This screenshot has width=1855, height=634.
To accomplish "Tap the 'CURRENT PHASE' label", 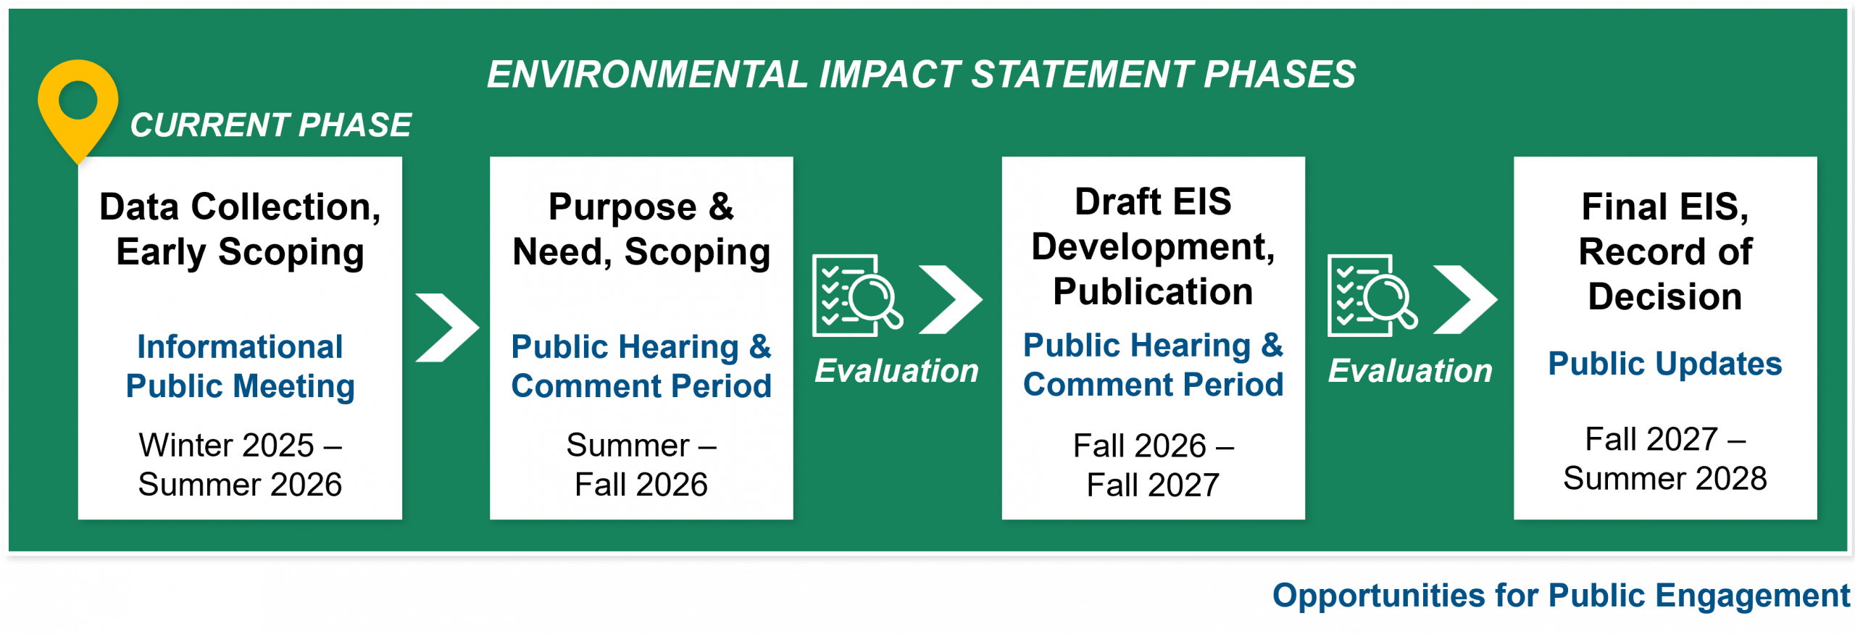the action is click(x=270, y=125).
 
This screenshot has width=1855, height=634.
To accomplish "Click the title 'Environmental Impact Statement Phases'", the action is click(x=921, y=74).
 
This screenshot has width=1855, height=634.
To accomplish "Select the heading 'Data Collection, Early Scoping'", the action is click(x=240, y=229).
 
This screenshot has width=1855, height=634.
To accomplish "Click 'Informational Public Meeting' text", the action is click(x=240, y=366).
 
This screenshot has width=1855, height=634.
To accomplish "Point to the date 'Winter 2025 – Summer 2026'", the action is click(x=240, y=464).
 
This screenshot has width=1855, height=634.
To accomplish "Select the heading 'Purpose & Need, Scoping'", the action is click(x=641, y=229).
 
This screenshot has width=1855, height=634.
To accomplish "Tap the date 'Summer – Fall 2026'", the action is click(x=641, y=464).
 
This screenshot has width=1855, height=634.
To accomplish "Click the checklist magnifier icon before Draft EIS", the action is click(x=857, y=295).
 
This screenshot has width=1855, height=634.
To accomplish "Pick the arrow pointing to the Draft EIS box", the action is click(x=951, y=299).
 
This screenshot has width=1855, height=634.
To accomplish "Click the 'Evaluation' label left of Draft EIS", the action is click(x=896, y=371).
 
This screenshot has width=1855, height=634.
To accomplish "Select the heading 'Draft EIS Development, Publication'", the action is click(x=1153, y=246).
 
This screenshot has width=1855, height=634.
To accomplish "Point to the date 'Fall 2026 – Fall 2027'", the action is click(x=1153, y=465).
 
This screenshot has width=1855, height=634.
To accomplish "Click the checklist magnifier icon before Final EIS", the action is click(x=1372, y=295).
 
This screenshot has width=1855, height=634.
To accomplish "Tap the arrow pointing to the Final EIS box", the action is click(x=1465, y=299).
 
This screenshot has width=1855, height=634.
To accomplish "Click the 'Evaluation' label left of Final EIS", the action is click(x=1410, y=371).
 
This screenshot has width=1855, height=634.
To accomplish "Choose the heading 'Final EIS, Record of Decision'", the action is click(x=1665, y=251).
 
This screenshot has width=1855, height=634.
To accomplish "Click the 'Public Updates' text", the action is click(x=1665, y=363).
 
